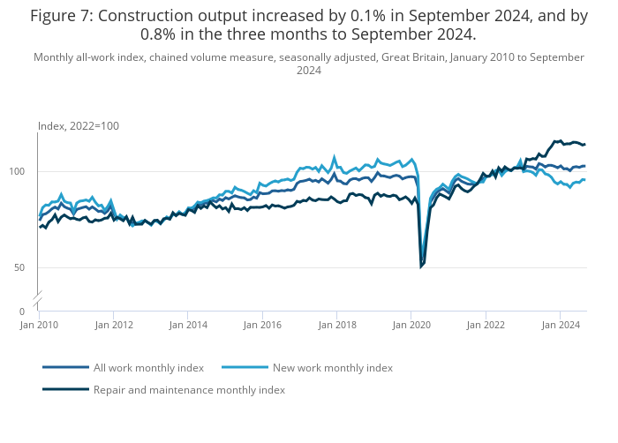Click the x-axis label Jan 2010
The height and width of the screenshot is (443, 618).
[x=40, y=325]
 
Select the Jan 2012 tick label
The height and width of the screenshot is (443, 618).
[x=114, y=325]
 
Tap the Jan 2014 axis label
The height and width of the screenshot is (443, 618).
[x=188, y=325]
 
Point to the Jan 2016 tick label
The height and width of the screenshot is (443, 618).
[x=262, y=325]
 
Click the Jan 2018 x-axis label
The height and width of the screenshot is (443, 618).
[x=336, y=325]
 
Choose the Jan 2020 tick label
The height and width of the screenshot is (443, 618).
[x=411, y=325]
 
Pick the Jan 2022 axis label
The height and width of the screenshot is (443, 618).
[x=485, y=325]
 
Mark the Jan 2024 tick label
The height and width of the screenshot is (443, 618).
[x=559, y=325]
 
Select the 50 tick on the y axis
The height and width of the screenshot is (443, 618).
[x=28, y=267]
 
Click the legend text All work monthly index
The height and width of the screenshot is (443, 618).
[x=148, y=367]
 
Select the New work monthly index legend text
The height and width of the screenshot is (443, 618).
[x=333, y=367]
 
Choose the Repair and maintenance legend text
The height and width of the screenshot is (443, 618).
[x=189, y=389]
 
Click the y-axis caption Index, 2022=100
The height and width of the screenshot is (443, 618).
[x=79, y=126]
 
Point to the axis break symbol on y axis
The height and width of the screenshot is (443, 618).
[x=38, y=301]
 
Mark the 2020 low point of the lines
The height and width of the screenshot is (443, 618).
[x=422, y=266]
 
